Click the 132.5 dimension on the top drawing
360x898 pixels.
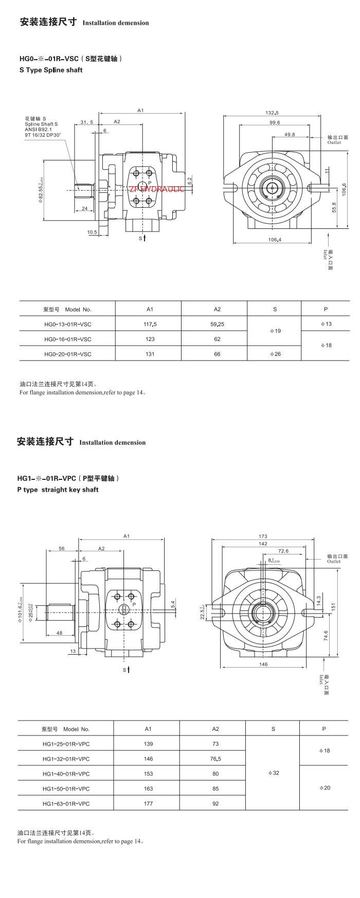pos(272,113)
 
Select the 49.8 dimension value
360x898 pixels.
pos(290,134)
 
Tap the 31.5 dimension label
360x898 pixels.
pos(86,122)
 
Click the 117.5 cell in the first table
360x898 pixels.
pos(150,324)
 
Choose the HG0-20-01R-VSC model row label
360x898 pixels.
pos(68,354)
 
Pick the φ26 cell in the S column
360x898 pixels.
pos(275,354)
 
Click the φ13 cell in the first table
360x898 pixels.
pos(326,324)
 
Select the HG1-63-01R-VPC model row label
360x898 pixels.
pos(66,803)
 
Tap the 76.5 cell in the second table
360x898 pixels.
pos(215,759)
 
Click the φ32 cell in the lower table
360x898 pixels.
pos(274,773)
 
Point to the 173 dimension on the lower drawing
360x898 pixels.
pos(263,536)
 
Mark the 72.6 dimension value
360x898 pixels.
pos(283,551)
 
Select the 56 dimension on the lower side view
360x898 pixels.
pos(62,549)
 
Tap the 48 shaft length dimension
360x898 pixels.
pos(60,633)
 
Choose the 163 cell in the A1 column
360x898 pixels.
pos(148,788)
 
